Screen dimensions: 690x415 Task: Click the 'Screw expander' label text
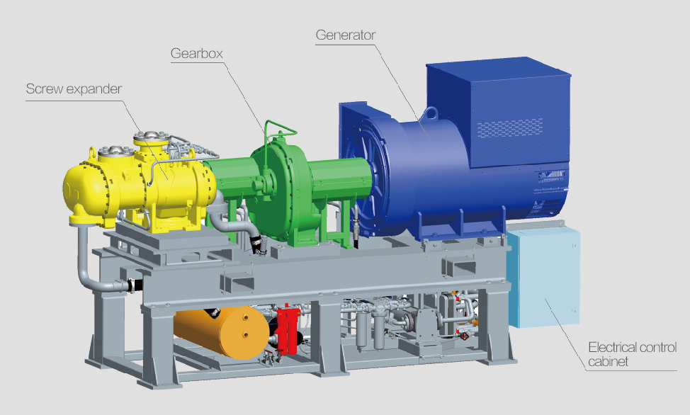(74, 89)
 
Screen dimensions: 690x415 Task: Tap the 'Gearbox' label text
(197, 54)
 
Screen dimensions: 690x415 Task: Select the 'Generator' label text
(346, 35)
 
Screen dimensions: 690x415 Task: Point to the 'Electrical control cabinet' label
(633, 354)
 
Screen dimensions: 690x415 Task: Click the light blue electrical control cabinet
(543, 276)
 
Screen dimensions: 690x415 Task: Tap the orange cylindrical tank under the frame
(221, 332)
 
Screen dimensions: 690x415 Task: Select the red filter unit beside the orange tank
(288, 330)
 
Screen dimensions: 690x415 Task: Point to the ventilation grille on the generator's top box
(510, 127)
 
